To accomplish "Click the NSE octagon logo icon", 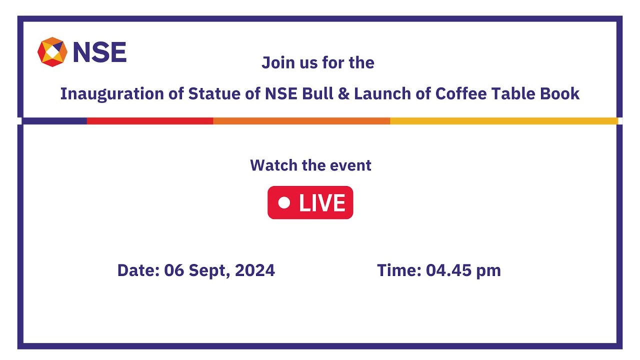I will [52, 51].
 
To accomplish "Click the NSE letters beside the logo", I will [99, 52].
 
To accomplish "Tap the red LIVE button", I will [310, 202].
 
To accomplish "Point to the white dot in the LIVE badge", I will [284, 202].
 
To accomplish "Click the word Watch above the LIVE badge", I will [272, 165].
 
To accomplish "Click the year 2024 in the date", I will [254, 270].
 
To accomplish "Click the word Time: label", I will [399, 270].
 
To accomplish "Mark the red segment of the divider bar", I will [150, 121].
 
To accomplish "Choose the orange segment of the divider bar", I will [301, 121].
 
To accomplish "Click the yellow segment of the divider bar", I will [503, 121].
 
